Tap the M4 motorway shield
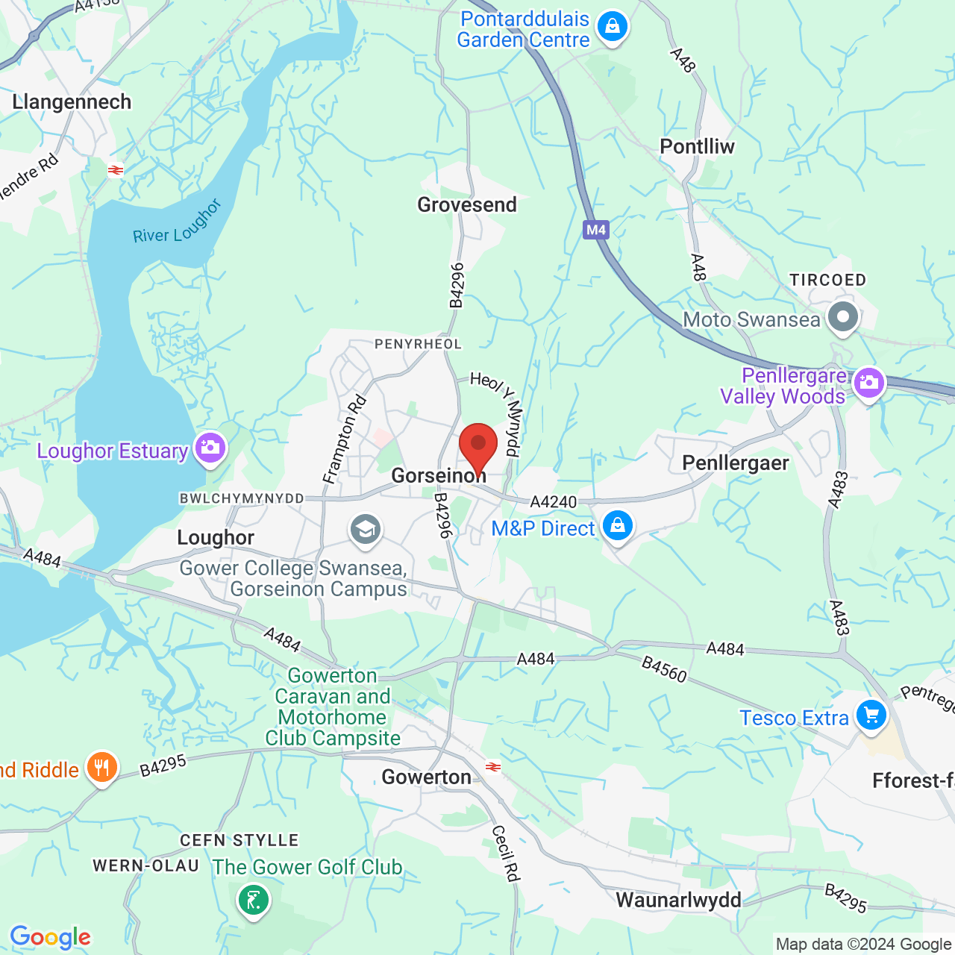coord(595,230)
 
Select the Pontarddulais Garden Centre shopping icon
coord(613,28)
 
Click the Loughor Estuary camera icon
coord(210,448)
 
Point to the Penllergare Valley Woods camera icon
coord(868,383)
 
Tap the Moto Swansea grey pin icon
coord(843,317)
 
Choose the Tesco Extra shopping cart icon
coord(871,716)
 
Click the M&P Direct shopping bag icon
coord(618,526)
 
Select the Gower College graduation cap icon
coord(365,530)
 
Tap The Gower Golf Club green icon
coord(254,899)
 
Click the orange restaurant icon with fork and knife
coord(101,767)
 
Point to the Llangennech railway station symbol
coord(115,170)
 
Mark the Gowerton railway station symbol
coord(492,766)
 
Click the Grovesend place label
coord(467,204)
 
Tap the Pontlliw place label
coord(697,146)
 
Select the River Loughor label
coord(178,222)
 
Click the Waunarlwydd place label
coord(678,900)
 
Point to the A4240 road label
coord(554,502)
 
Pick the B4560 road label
coord(664,668)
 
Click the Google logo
coord(50,937)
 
